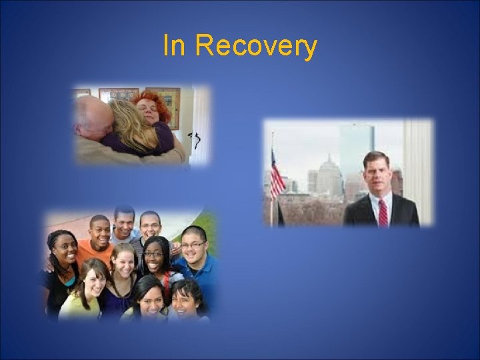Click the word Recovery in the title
[x=257, y=47]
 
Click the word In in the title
[x=175, y=46]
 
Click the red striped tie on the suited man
[x=383, y=212]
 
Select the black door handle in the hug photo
[x=195, y=140]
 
